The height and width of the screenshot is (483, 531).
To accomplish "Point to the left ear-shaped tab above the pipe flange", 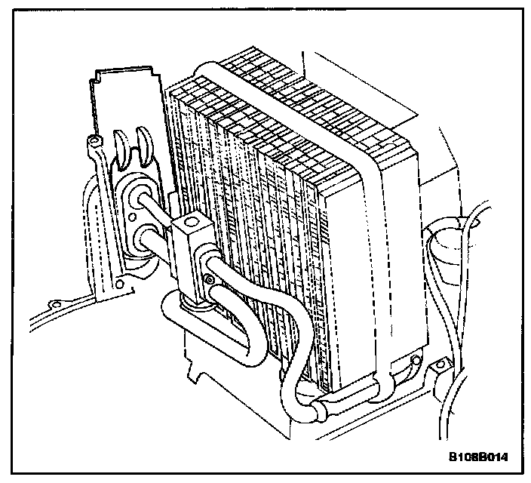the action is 121,149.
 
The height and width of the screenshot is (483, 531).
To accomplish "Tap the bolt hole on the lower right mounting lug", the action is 437,369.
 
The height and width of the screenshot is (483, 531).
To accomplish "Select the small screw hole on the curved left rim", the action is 53,303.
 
